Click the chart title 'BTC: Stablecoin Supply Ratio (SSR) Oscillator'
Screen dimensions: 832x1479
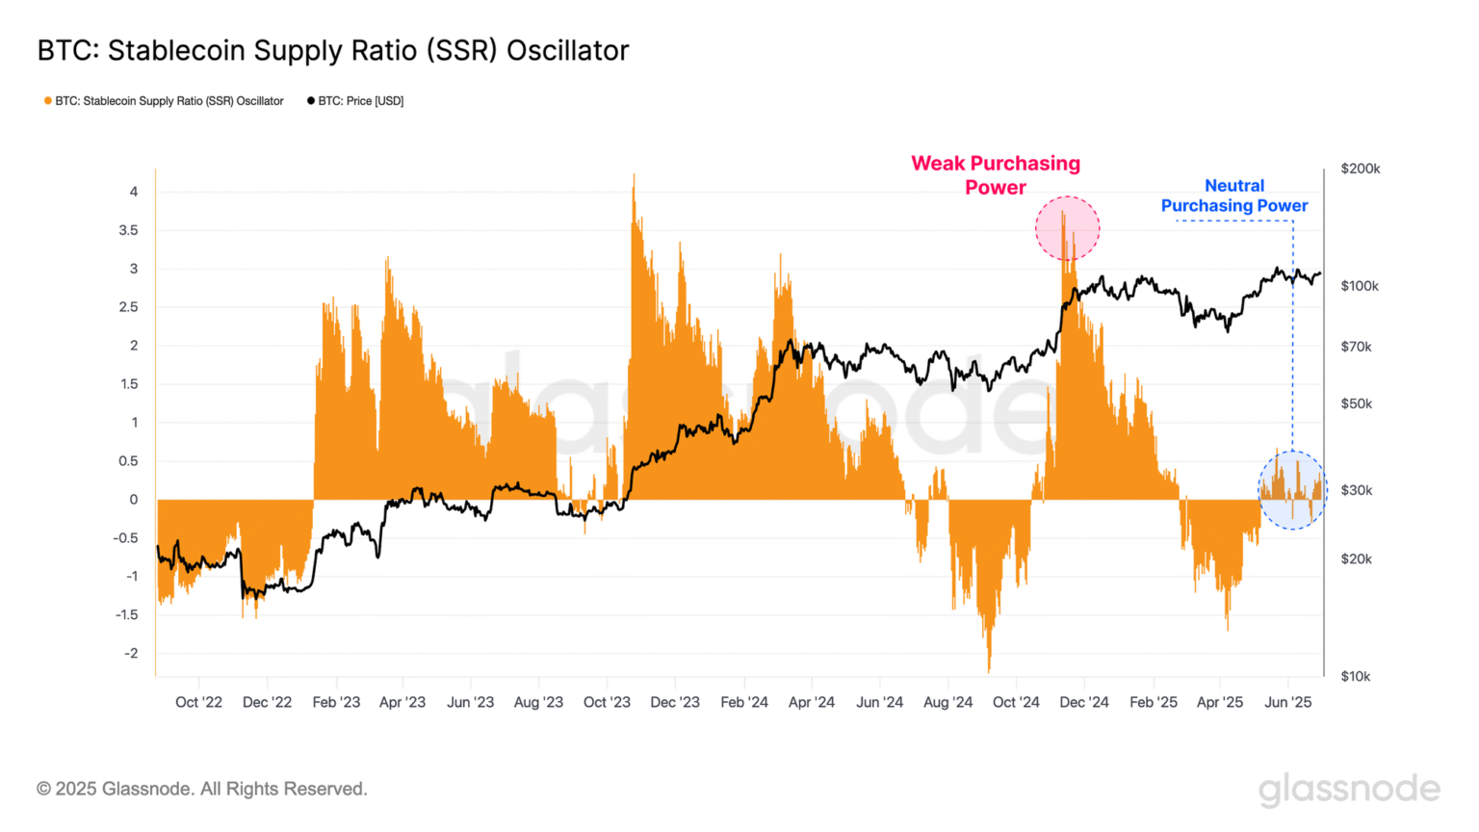click(332, 50)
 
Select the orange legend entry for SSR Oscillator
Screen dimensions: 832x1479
click(164, 101)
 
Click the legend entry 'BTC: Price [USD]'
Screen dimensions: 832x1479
click(355, 101)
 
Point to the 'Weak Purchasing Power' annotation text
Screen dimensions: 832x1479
click(996, 175)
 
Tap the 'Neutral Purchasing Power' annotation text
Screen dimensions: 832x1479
click(1233, 195)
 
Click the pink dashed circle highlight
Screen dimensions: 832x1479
click(1067, 228)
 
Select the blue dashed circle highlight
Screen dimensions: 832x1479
click(1292, 490)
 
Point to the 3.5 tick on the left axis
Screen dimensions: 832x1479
click(128, 230)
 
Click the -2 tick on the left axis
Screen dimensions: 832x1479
click(131, 653)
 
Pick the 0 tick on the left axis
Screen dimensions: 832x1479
click(134, 499)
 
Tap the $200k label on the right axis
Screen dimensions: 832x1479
click(1360, 169)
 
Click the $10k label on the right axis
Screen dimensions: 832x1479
click(1356, 676)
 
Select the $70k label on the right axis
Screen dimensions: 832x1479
click(1356, 347)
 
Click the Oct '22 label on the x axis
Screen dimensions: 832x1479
click(198, 702)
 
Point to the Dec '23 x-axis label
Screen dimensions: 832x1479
click(675, 702)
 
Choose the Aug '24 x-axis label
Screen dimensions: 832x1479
click(947, 702)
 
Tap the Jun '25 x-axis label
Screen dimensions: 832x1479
click(1287, 702)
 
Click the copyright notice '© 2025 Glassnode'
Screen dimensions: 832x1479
click(201, 789)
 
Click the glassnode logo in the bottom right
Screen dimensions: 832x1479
click(1349, 789)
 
